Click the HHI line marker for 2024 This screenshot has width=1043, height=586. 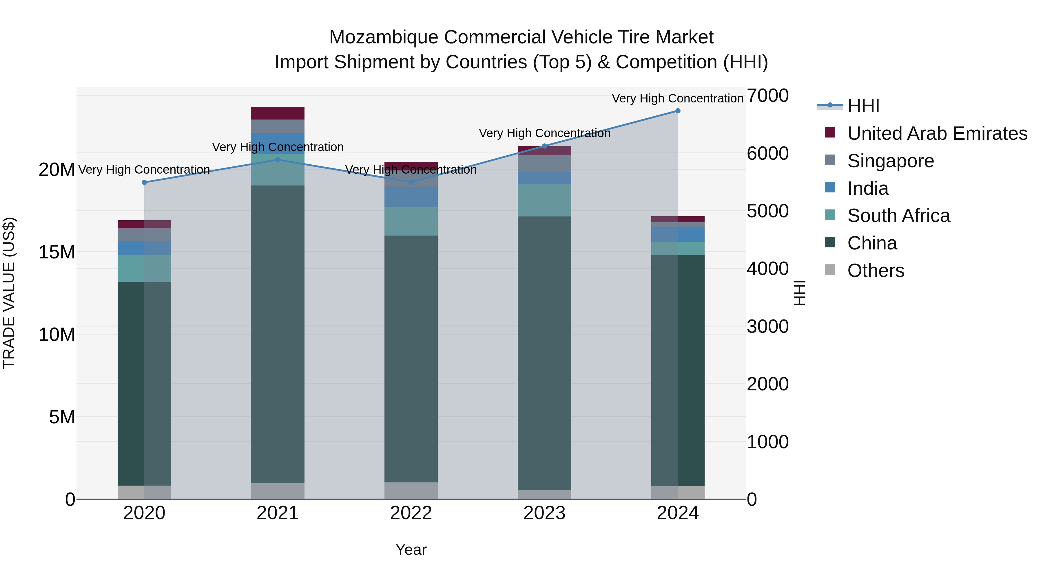point(678,111)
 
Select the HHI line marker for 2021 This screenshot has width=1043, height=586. point(278,160)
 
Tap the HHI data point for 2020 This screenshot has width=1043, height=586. point(144,182)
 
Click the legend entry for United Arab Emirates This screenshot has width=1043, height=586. point(937,133)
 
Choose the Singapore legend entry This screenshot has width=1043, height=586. point(890,161)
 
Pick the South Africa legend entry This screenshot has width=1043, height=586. point(898,216)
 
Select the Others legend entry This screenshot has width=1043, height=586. point(875,271)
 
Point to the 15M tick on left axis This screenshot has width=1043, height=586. point(57,252)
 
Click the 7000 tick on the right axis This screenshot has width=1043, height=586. point(767,96)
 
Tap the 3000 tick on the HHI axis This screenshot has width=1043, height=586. point(767,326)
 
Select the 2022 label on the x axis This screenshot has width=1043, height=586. point(411,513)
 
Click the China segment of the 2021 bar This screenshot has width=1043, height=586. point(278,334)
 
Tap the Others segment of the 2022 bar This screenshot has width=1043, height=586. point(411,491)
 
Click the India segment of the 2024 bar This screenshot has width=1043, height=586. point(678,235)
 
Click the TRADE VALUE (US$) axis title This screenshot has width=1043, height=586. point(9,293)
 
